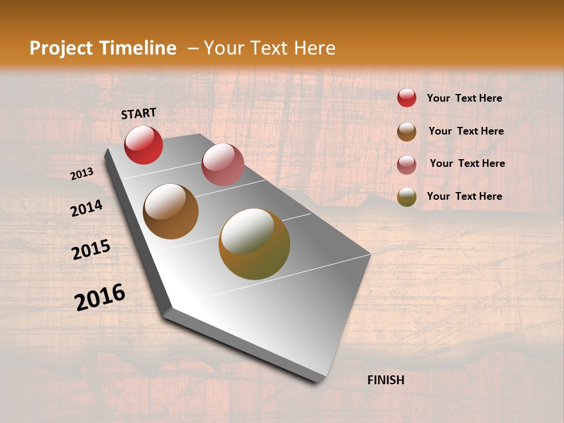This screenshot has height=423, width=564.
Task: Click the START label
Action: (x=139, y=113)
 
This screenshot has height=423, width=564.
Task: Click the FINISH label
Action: (x=385, y=380)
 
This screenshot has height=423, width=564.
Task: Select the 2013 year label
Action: (x=82, y=173)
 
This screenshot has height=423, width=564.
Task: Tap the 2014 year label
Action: (x=86, y=209)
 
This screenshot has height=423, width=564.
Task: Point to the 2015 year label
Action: (x=91, y=250)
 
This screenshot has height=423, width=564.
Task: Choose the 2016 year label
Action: (x=100, y=297)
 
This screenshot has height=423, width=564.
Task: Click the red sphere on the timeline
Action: (x=143, y=145)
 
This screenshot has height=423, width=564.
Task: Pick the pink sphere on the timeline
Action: (x=223, y=164)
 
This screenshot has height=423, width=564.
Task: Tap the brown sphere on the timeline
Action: (x=171, y=211)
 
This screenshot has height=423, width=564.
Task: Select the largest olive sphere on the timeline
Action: (x=254, y=244)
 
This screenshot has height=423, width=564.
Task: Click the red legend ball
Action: (x=407, y=98)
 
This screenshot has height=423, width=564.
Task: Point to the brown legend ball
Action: (x=407, y=132)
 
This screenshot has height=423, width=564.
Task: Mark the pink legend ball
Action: (x=407, y=164)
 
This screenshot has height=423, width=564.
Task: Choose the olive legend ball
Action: (x=407, y=197)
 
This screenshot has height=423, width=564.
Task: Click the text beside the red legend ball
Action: (x=464, y=98)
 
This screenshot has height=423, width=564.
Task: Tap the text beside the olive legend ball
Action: (x=464, y=196)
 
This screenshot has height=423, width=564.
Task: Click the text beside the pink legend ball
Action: (x=467, y=163)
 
